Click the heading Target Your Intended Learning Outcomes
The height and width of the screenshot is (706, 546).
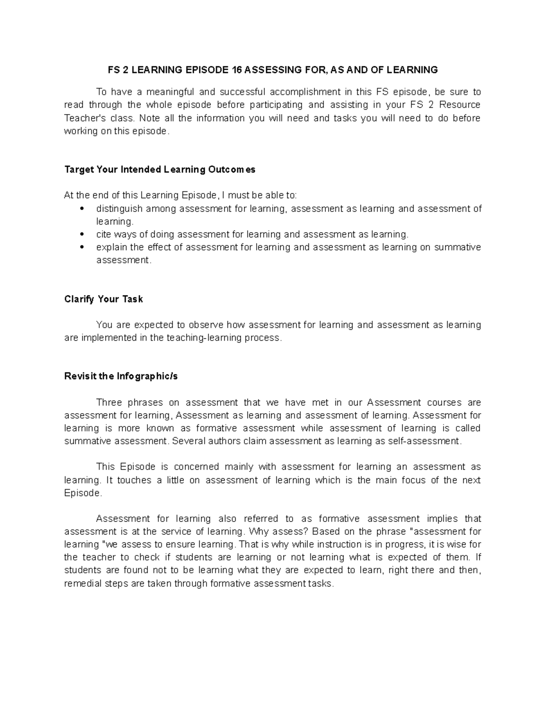[160, 170]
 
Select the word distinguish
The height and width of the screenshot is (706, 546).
[119, 209]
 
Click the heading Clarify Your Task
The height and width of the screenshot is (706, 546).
[104, 299]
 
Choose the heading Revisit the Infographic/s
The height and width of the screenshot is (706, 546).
[121, 376]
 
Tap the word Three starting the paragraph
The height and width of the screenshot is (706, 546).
[109, 402]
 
